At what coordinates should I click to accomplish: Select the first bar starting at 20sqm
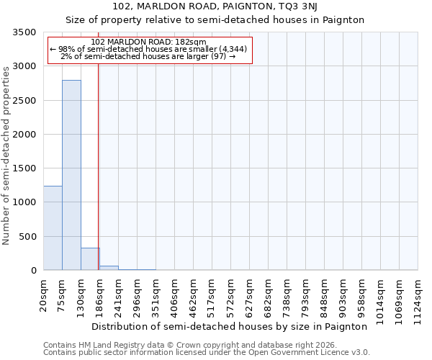[53, 228]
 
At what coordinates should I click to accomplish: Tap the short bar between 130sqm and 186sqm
[90, 259]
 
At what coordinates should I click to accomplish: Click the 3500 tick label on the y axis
[24, 33]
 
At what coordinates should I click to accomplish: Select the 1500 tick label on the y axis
[24, 168]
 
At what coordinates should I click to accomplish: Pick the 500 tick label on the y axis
[27, 237]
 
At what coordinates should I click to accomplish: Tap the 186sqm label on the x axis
[100, 295]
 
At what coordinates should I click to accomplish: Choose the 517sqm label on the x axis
[212, 295]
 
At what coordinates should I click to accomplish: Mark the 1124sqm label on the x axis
[418, 297]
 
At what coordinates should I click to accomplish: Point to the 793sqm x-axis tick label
[306, 295]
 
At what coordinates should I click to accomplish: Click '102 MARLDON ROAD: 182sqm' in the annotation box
[150, 42]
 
